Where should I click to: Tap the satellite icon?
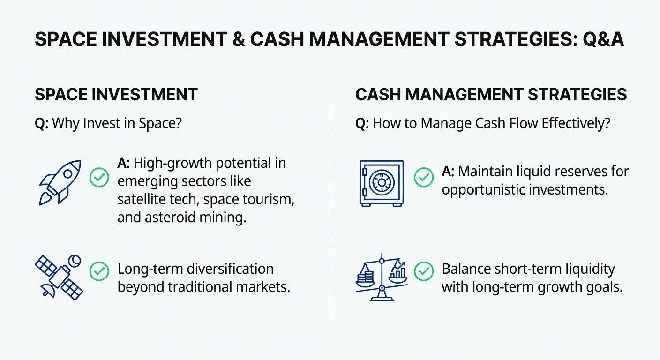click(59, 277)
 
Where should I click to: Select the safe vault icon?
click(382, 183)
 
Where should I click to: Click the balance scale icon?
click(382, 277)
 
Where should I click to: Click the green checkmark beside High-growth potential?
click(99, 177)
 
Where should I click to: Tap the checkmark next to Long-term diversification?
click(99, 271)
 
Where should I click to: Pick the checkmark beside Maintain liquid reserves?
click(424, 177)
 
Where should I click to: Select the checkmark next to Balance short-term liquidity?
click(424, 271)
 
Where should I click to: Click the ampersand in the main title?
click(239, 39)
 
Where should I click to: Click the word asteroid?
click(170, 217)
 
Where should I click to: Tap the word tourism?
click(269, 199)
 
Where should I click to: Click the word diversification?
click(230, 269)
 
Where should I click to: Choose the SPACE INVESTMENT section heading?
click(116, 95)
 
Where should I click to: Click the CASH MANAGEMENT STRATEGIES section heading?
click(491, 95)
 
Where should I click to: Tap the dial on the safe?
click(382, 183)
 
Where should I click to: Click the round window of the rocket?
click(67, 174)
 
